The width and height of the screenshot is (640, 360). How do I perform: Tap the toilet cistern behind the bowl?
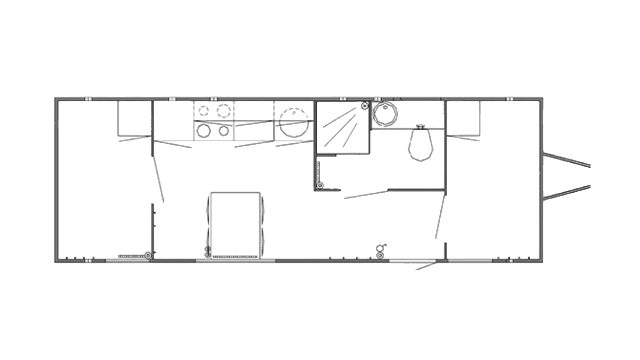pos(420,127)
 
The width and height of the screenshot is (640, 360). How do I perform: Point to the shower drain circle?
pos(365,106)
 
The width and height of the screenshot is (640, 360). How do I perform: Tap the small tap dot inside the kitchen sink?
pos(294,112)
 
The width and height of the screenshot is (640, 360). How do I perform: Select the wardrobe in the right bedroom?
pos(463,119)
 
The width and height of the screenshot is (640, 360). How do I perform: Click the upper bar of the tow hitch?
pos(567,160)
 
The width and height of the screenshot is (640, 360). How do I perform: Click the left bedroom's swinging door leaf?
pos(158,178)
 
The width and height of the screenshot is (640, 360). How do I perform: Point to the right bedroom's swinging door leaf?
pos(440,217)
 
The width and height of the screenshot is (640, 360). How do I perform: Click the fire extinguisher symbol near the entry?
pos(380,248)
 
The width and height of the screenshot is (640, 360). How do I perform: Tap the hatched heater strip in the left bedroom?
pos(131,256)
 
